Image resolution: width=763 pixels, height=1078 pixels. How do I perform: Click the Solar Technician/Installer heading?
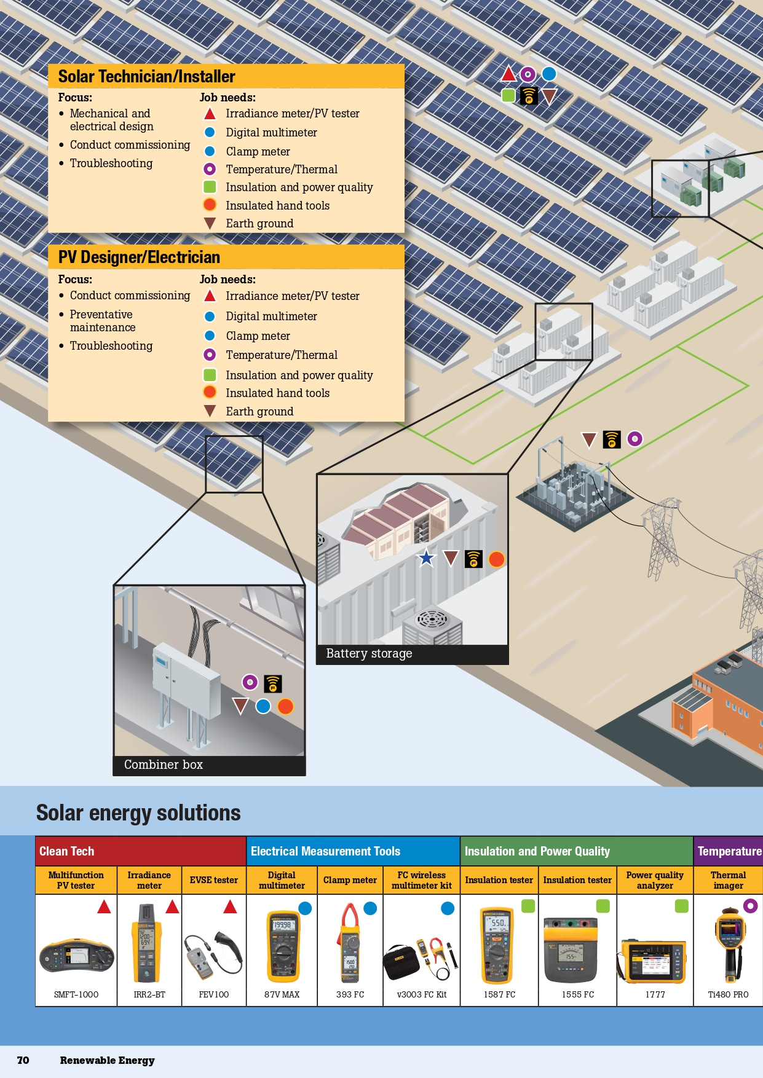tap(146, 77)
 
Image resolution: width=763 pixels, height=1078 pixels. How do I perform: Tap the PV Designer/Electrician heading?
tap(139, 258)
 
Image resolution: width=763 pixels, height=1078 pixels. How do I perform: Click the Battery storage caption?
tap(369, 654)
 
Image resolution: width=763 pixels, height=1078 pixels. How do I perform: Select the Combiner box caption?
tap(163, 765)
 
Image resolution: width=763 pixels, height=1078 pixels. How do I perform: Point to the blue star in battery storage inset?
tap(426, 558)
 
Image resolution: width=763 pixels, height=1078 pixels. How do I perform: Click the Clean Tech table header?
tap(67, 851)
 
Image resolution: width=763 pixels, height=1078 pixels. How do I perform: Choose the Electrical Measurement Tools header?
tap(325, 851)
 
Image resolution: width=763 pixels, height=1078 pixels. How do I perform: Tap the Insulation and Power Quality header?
tap(537, 851)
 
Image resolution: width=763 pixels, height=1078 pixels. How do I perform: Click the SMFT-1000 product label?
tap(76, 994)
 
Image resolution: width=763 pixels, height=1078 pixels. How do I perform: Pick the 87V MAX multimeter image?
tap(282, 946)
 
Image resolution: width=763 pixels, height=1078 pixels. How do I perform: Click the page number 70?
tap(23, 1060)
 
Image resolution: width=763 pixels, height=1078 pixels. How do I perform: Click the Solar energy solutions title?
tap(138, 813)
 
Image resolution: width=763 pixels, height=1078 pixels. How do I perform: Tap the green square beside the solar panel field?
tap(508, 96)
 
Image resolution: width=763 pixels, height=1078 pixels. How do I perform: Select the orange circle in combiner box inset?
tap(285, 707)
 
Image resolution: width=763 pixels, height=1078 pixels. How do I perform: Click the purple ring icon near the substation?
tap(635, 439)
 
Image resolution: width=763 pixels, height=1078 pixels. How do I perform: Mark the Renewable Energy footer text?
tap(108, 1060)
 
